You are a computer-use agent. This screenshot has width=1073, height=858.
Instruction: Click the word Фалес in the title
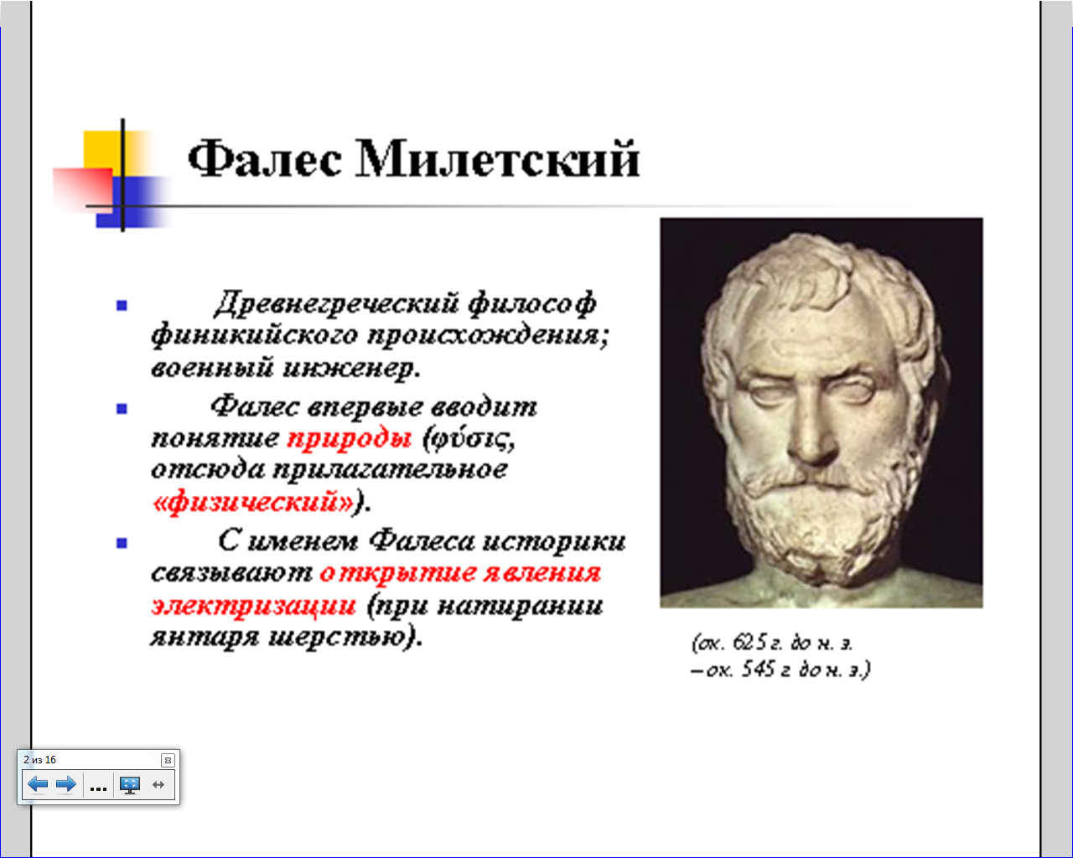[264, 158]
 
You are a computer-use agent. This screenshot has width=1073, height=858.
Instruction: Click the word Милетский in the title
[497, 158]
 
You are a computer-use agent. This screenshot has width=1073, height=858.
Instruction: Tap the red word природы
[350, 440]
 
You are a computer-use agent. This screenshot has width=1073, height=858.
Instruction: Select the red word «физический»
[253, 502]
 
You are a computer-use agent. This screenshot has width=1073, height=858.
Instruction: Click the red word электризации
[254, 606]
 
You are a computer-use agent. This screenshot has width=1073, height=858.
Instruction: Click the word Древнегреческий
[336, 303]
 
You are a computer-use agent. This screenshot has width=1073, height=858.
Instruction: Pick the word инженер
[351, 369]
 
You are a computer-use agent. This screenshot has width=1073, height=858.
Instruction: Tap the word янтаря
[205, 638]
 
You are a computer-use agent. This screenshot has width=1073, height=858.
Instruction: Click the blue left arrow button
[38, 784]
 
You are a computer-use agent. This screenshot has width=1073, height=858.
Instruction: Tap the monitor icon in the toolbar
[130, 785]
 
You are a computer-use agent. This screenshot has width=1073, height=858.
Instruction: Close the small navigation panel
[168, 760]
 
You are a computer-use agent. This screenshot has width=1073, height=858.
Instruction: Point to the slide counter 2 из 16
[40, 759]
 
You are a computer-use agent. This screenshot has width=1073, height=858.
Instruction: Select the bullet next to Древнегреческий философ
[122, 305]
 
